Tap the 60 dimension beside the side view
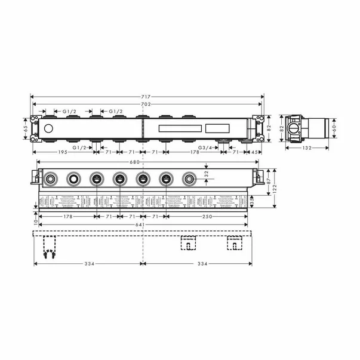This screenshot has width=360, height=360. (x=335, y=127)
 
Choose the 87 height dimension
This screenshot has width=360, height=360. (x=268, y=181)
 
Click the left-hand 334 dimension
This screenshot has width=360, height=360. (x=88, y=263)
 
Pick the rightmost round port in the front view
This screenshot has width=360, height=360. (x=189, y=178)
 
